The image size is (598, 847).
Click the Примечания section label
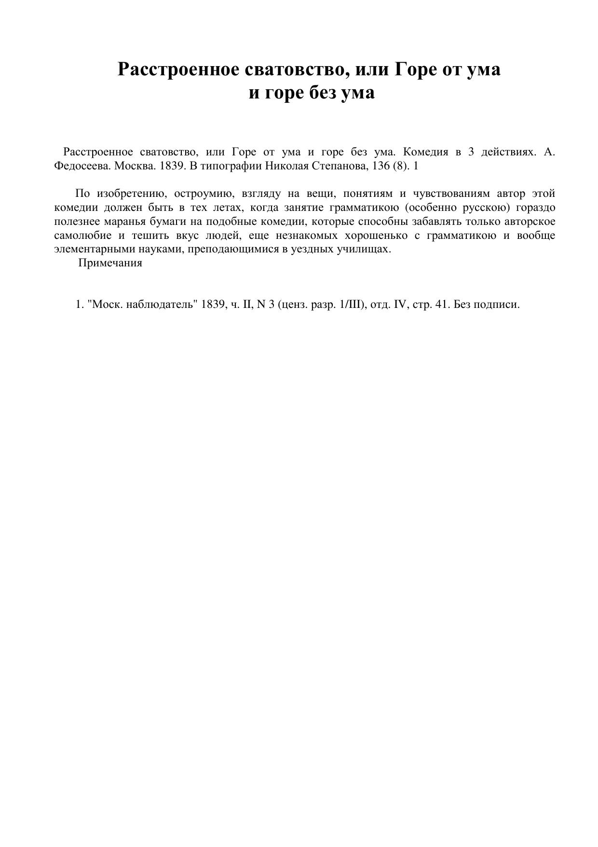click(x=110, y=264)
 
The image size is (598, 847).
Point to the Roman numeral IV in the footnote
click(x=401, y=305)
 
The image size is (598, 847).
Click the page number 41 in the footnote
click(x=441, y=305)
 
